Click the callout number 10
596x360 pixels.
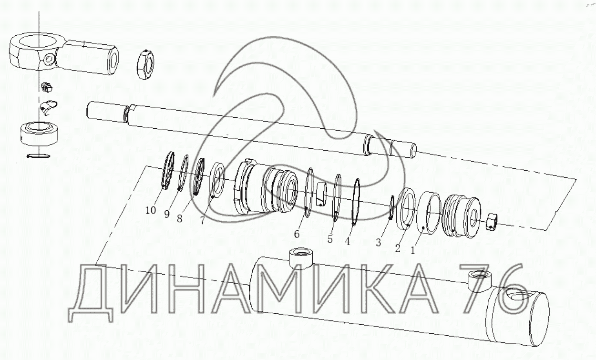pyautogui.click(x=150, y=210)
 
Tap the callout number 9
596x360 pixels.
pyautogui.click(x=167, y=214)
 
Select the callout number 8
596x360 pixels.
pyautogui.click(x=180, y=218)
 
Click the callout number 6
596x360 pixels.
pyautogui.click(x=297, y=234)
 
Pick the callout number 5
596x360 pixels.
pyautogui.click(x=330, y=239)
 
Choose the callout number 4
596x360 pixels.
pyautogui.click(x=347, y=241)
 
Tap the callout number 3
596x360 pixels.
pyautogui.click(x=379, y=242)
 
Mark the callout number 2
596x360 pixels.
pyautogui.click(x=398, y=248)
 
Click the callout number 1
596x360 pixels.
pyautogui.click(x=413, y=250)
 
